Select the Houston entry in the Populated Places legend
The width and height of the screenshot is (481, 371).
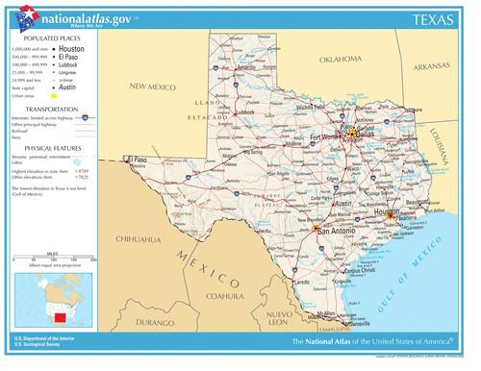click(71, 48)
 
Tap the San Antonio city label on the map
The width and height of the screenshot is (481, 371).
click(337, 231)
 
